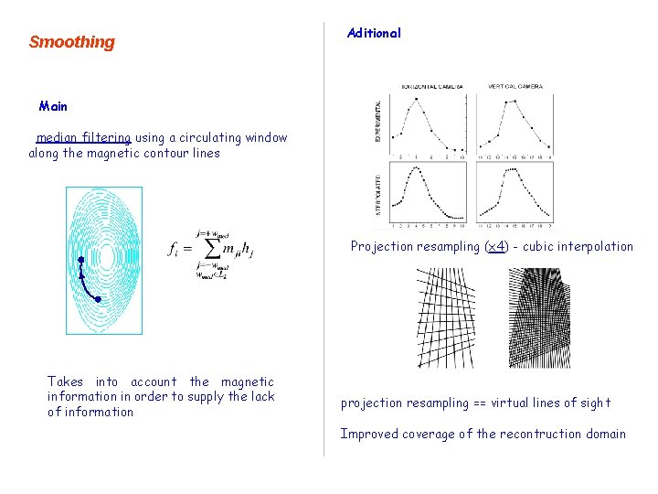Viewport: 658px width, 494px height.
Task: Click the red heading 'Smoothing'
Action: point(72,42)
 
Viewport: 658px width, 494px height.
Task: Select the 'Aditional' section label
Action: point(374,33)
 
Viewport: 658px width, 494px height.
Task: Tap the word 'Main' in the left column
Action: point(53,106)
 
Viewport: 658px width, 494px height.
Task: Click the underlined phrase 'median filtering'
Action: point(83,138)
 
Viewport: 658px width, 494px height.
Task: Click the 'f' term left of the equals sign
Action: point(175,248)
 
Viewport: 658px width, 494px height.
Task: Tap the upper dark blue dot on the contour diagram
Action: point(80,260)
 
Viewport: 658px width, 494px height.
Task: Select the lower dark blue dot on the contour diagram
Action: point(98,299)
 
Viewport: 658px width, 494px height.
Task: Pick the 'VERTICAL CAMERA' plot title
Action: point(515,87)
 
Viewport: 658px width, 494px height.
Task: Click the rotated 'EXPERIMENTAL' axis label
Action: point(378,121)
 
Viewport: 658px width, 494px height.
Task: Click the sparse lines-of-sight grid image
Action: point(445,317)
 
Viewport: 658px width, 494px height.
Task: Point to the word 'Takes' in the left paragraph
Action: point(65,381)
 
